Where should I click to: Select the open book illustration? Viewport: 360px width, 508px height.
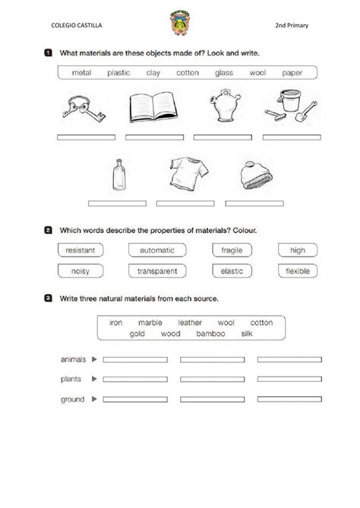click(x=153, y=109)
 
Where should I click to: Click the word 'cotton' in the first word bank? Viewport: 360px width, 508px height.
click(x=188, y=73)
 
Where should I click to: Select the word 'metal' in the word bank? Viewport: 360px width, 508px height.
click(x=81, y=73)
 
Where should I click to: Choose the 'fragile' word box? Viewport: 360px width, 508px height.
click(x=231, y=250)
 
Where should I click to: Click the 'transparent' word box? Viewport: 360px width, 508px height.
click(x=157, y=270)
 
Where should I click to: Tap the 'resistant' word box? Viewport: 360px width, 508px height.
click(x=80, y=250)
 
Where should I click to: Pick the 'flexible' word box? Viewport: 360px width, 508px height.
click(x=297, y=270)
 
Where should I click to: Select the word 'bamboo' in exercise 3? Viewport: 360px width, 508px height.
click(x=211, y=333)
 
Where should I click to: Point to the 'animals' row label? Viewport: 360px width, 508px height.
click(x=72, y=358)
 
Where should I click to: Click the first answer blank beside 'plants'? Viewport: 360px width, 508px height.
click(x=134, y=378)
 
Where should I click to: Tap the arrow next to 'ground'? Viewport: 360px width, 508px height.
click(x=94, y=398)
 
